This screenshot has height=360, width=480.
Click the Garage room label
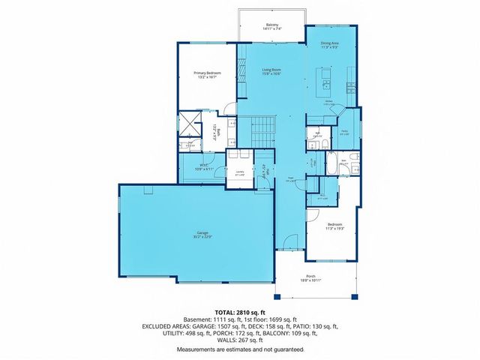tap(202, 233)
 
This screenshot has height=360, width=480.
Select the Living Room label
tap(271, 70)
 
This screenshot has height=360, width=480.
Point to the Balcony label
tap(272, 25)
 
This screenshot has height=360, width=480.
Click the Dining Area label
tap(328, 43)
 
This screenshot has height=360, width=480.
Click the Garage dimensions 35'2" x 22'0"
tap(202, 238)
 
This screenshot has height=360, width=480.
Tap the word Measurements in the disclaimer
tap(196, 349)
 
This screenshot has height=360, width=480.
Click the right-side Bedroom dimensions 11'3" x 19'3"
tap(334, 229)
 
